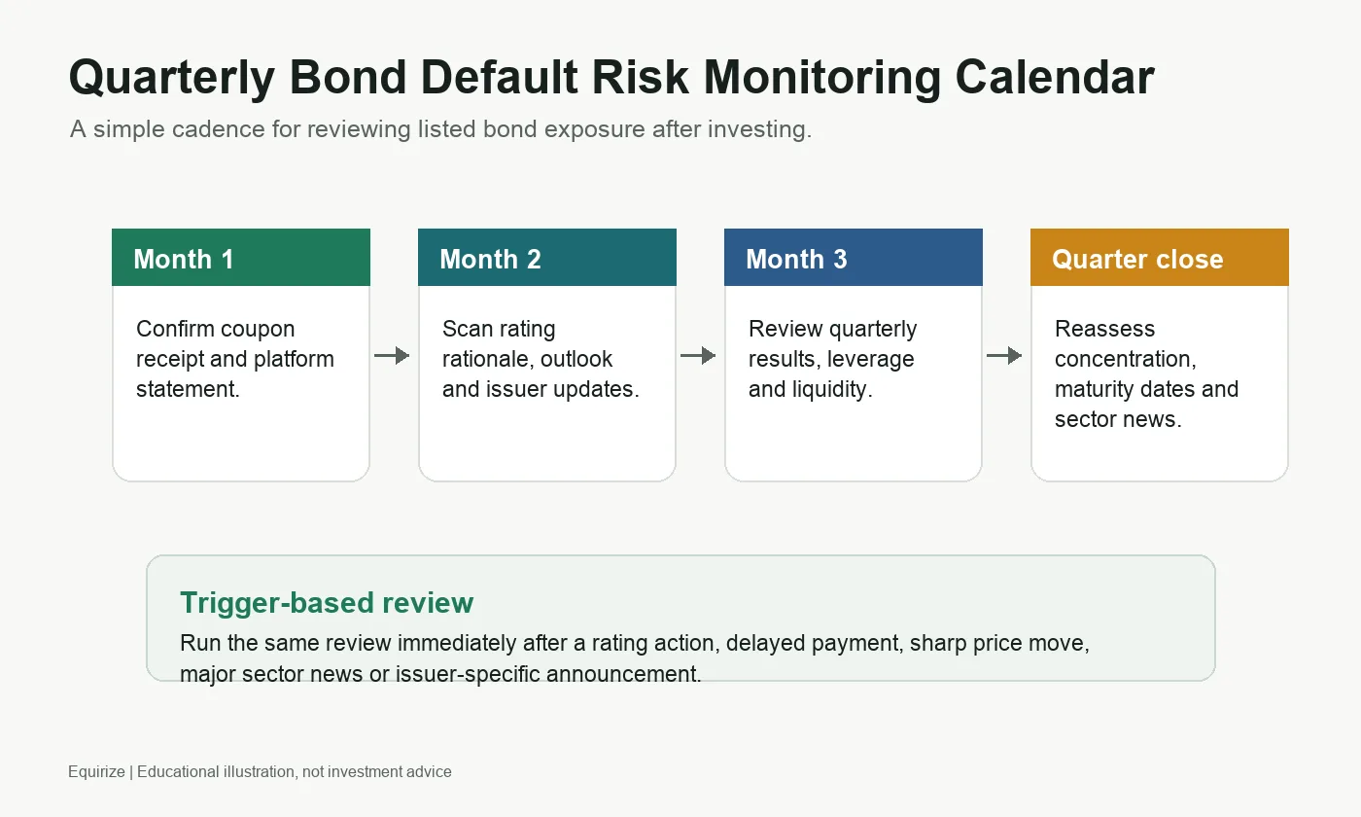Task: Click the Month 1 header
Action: [241, 257]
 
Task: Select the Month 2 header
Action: [546, 257]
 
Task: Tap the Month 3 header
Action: [854, 257]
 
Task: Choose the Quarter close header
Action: [1159, 257]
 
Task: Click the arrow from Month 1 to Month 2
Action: [392, 355]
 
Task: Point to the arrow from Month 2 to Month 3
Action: [698, 355]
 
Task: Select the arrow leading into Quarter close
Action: [1004, 355]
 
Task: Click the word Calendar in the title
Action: [1054, 77]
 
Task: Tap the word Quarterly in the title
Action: [172, 79]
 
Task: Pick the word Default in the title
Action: [499, 77]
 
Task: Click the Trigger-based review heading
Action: [327, 603]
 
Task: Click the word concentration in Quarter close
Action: [1126, 359]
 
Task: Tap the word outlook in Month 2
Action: [576, 359]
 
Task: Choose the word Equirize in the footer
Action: [96, 772]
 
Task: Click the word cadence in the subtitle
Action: [218, 128]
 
